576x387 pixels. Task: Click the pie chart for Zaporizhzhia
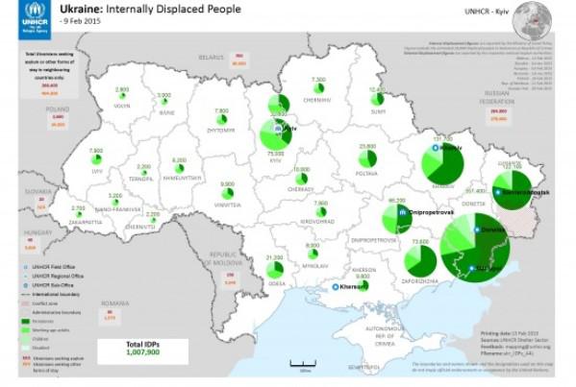[x=419, y=259]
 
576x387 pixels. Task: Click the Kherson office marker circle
[x=336, y=286]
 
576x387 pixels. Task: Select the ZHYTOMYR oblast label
[x=223, y=125]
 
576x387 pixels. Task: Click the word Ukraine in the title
[x=81, y=9]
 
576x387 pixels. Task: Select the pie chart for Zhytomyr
[x=222, y=115]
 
